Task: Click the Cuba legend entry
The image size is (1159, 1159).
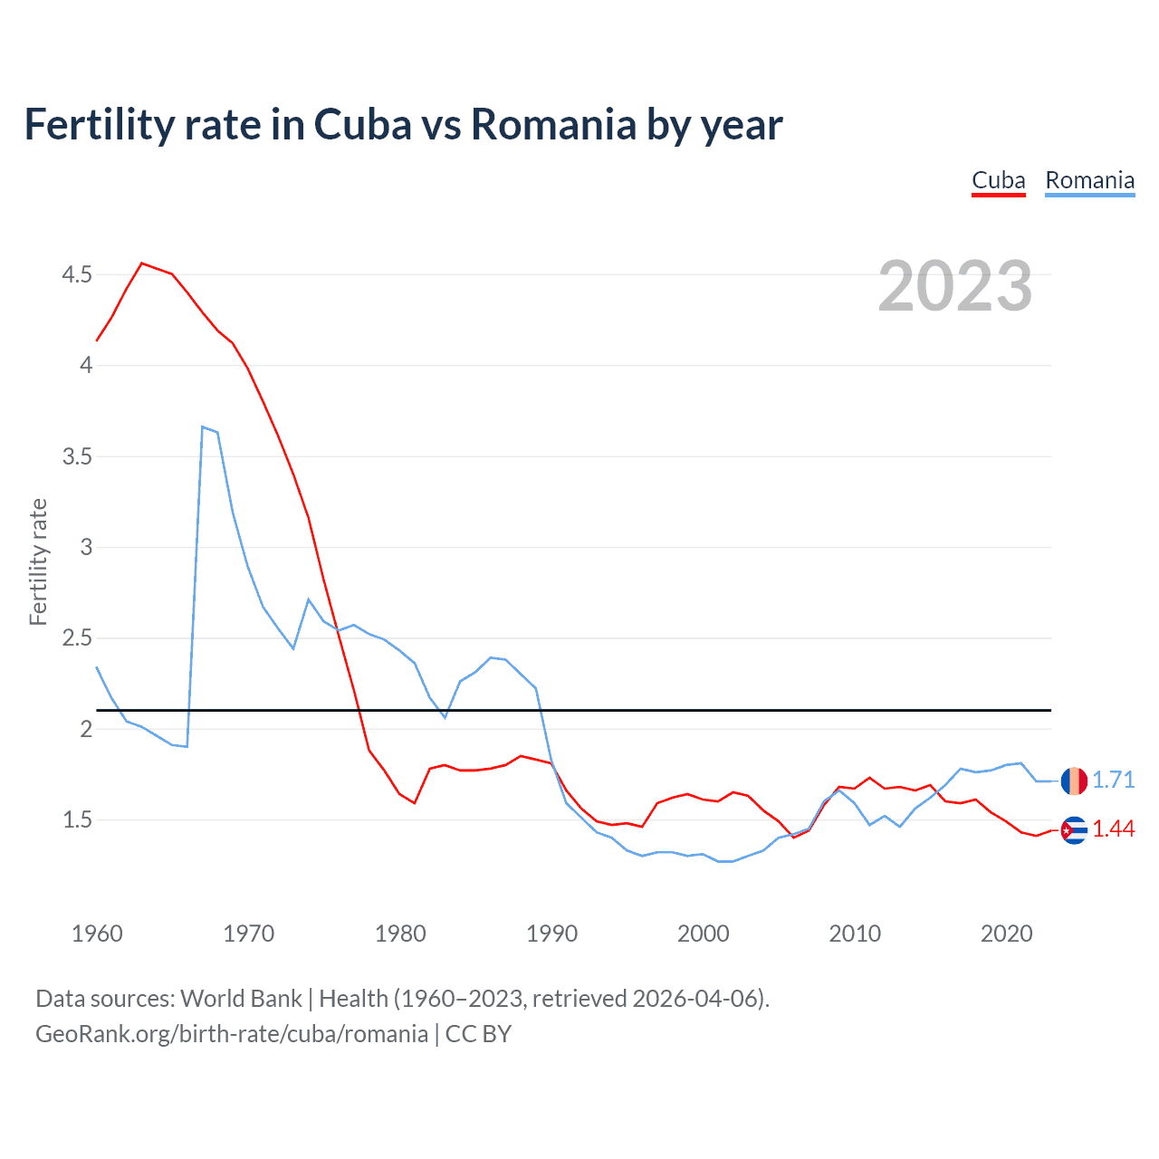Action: pos(998,180)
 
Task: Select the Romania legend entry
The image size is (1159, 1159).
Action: pos(1089,180)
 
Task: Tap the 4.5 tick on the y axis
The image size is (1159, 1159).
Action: pos(77,274)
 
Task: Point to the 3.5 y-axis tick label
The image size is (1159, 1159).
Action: pos(77,456)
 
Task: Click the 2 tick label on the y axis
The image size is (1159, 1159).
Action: pos(86,729)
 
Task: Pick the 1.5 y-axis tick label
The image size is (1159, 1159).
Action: pos(77,820)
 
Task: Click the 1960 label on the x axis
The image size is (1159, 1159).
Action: pos(97,934)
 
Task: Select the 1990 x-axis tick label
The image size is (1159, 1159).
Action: pos(551,934)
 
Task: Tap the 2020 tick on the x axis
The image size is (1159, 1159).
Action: pos(1006,934)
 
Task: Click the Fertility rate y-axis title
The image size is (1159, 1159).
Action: pos(38,561)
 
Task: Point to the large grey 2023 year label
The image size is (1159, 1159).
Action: pos(954,286)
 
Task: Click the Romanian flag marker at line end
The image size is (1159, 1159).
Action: pos(1074,781)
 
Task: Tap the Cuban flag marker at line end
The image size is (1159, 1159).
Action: pos(1074,830)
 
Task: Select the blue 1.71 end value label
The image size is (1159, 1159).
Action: pos(1113,780)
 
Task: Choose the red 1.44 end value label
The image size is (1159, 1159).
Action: pos(1113,829)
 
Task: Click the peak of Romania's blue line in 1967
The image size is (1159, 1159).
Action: pos(203,426)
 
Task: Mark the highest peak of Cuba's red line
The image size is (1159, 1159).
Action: pos(142,263)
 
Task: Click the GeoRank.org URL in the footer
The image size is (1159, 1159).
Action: pos(231,1033)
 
